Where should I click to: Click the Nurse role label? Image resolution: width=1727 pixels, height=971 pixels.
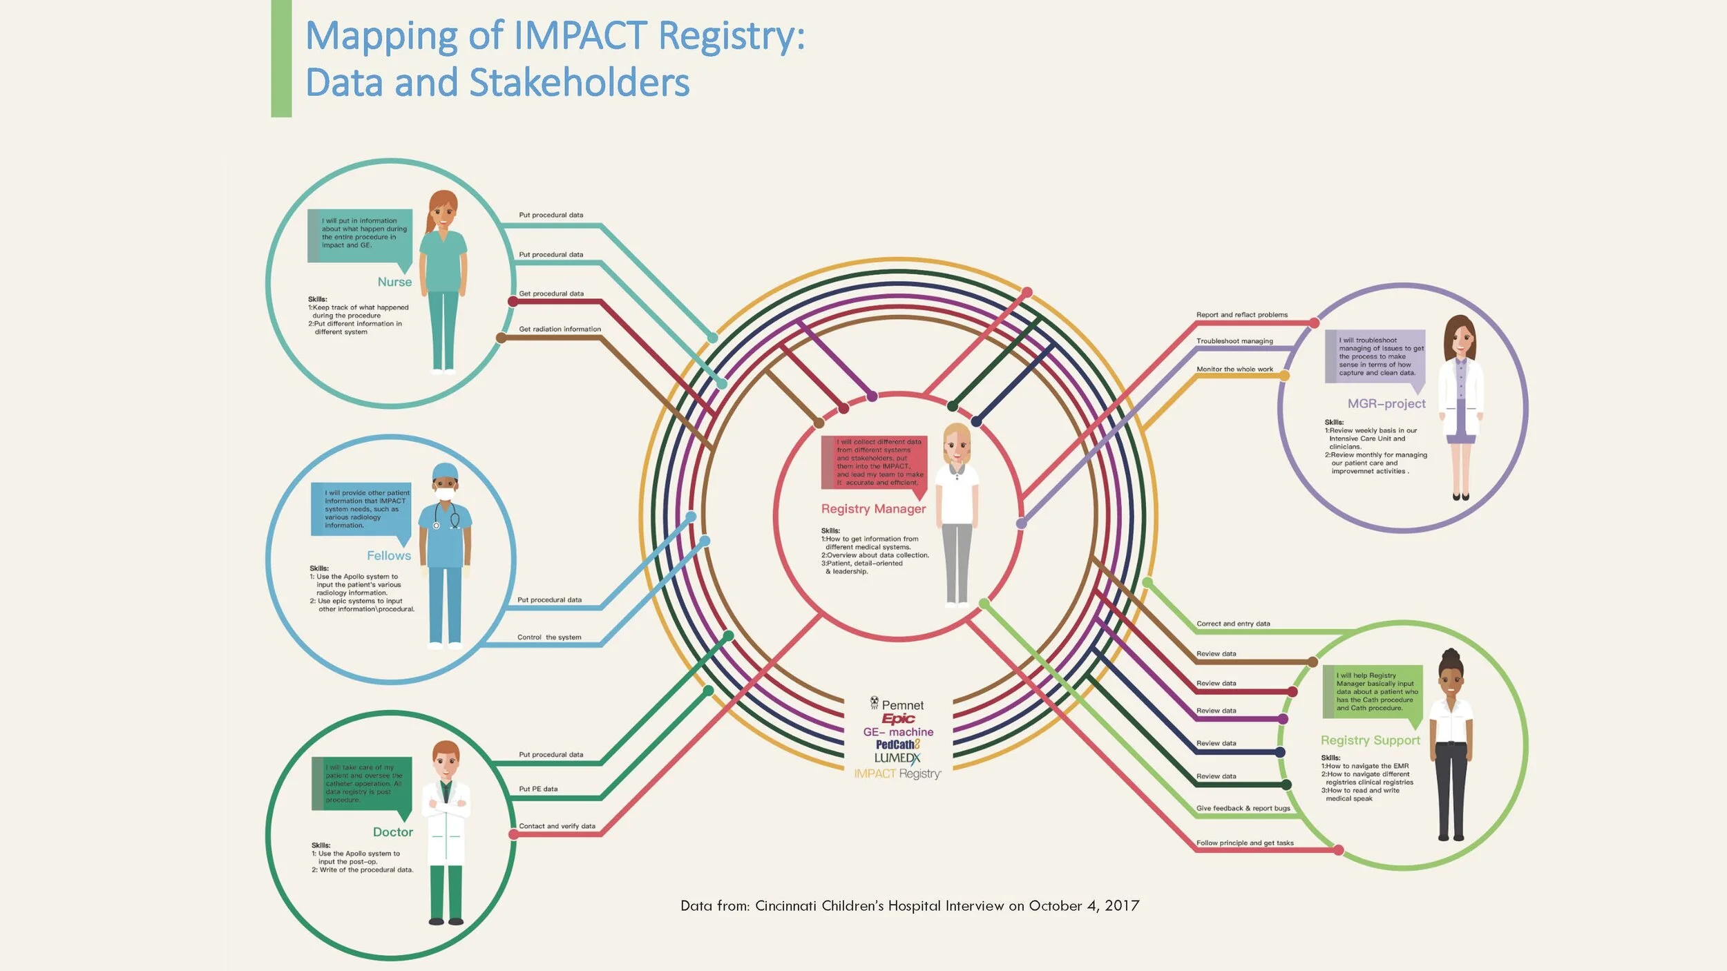(394, 282)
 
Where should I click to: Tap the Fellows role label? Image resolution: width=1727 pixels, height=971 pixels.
(389, 556)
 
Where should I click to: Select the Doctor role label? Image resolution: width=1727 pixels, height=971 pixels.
(393, 832)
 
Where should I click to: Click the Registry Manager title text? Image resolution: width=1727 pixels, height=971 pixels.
(873, 509)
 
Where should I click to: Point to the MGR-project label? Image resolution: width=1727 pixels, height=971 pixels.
(1386, 403)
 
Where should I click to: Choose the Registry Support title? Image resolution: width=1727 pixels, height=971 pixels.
(1371, 740)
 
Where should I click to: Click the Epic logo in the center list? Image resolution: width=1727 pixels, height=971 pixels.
(898, 719)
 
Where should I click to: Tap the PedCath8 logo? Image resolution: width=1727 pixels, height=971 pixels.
(898, 744)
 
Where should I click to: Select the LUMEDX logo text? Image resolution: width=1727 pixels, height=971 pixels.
(897, 758)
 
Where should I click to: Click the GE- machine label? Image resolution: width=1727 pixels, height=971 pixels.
(898, 732)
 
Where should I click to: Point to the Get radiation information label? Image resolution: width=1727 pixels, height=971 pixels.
(560, 329)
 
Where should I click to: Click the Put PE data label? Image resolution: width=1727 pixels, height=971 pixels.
(538, 789)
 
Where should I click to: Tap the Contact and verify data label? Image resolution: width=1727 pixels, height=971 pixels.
(557, 826)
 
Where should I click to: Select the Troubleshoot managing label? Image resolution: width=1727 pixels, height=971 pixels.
(1234, 341)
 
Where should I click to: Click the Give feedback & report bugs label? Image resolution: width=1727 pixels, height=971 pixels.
(1243, 808)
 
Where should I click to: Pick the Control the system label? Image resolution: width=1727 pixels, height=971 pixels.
(549, 637)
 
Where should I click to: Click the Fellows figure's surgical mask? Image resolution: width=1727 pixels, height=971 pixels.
(446, 495)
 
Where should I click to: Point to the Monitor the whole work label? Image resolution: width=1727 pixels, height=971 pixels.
(1234, 369)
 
